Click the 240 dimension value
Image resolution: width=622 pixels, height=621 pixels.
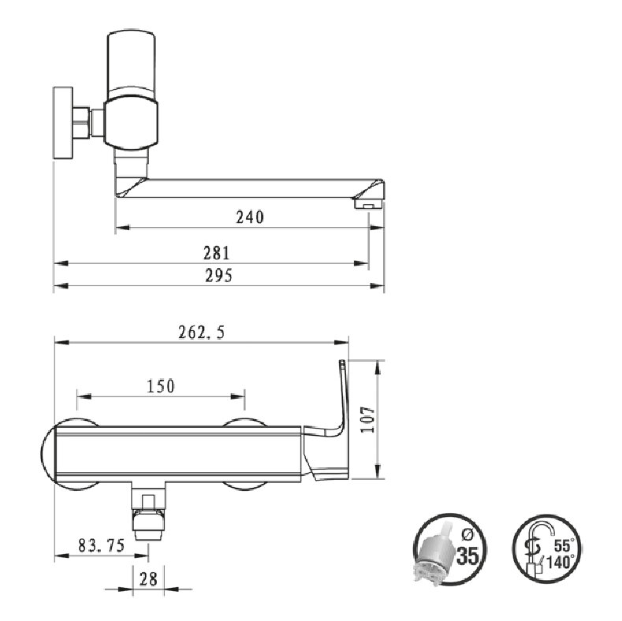pos(250,218)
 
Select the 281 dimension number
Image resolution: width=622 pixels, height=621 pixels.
pos(217,253)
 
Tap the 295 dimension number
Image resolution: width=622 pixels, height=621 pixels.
pos(218,276)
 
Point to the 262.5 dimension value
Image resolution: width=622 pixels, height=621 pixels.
pos(202,333)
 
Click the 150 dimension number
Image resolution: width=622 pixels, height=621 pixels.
pos(161,386)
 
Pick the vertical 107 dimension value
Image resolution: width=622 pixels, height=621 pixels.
pos(367,419)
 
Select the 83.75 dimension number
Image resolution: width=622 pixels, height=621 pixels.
pos(102,545)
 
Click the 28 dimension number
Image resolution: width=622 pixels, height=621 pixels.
pos(149,579)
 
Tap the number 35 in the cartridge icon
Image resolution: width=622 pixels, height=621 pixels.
pos(468,556)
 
